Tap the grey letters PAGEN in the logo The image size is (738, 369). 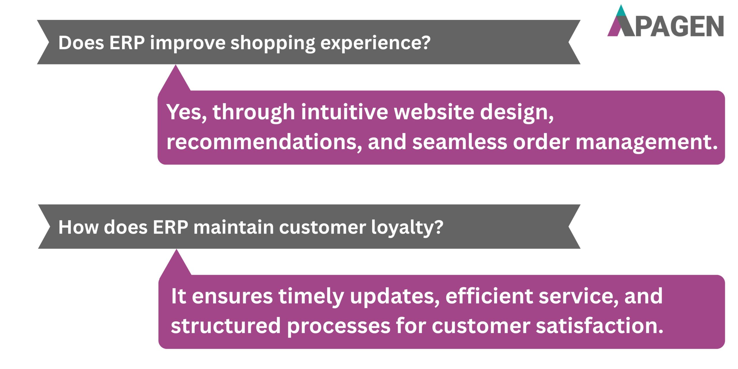pyautogui.click(x=679, y=27)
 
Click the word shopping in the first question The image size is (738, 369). pyautogui.click(x=273, y=43)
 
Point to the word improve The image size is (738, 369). pyautogui.click(x=187, y=43)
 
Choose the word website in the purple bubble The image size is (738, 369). pyautogui.click(x=434, y=112)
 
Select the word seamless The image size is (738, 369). pyautogui.click(x=460, y=142)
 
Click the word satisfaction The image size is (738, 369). pyautogui.click(x=600, y=326)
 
